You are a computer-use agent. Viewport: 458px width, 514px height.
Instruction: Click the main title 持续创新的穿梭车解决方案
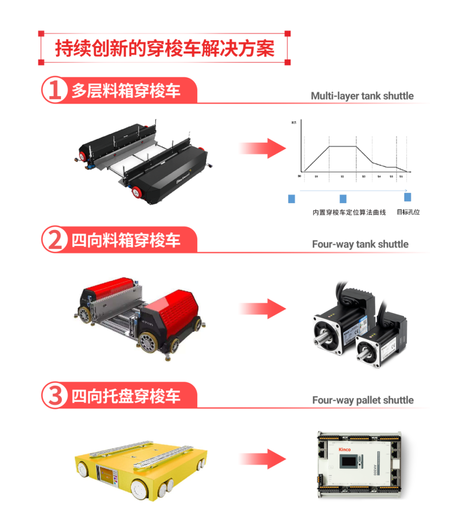pyautogui.click(x=164, y=49)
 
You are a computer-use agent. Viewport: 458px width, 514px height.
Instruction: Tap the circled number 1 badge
pyautogui.click(x=54, y=90)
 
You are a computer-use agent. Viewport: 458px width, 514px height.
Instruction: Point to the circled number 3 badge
pyautogui.click(x=54, y=396)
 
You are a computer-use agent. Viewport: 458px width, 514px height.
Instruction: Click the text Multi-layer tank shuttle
pyautogui.click(x=362, y=96)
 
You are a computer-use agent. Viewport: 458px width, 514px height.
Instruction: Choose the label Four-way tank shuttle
pyautogui.click(x=360, y=244)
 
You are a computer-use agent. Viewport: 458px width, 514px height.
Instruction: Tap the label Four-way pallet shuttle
pyautogui.click(x=363, y=400)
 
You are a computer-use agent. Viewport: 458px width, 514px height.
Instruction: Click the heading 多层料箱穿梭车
pyautogui.click(x=126, y=90)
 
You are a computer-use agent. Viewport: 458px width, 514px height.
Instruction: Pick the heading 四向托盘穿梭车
pyautogui.click(x=126, y=396)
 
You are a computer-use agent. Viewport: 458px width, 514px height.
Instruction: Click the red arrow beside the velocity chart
pyautogui.click(x=262, y=148)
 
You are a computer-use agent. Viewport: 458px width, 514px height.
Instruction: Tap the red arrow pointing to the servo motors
pyautogui.click(x=262, y=309)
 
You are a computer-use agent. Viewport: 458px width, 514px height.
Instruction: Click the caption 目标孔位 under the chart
pyautogui.click(x=408, y=212)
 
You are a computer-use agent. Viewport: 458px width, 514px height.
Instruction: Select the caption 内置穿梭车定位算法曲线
pyautogui.click(x=342, y=212)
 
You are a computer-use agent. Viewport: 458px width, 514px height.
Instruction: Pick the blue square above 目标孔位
pyautogui.click(x=407, y=197)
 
